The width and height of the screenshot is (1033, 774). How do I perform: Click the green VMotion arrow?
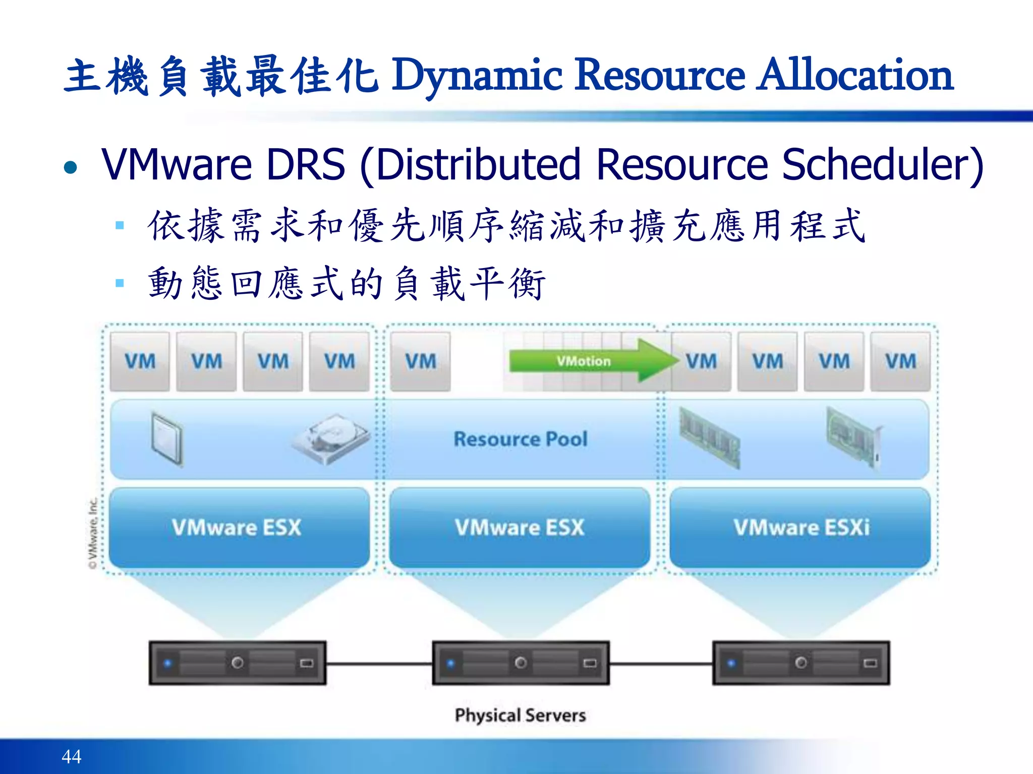[x=590, y=361]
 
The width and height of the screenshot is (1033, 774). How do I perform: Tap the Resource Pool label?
[x=521, y=439]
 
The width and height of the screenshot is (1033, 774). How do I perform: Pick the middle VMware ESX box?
[x=520, y=528]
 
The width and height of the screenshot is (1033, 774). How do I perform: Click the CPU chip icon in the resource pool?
[x=166, y=438]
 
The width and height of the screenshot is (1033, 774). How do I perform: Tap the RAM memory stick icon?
[x=709, y=436]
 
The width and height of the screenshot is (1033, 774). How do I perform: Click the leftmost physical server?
[x=237, y=663]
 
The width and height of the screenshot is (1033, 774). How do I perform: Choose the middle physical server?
[x=521, y=663]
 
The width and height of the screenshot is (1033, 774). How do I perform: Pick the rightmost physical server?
[x=801, y=663]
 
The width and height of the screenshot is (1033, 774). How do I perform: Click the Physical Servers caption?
[x=521, y=715]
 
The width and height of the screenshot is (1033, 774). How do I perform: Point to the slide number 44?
[x=71, y=756]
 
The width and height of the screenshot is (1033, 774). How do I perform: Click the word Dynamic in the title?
[x=477, y=76]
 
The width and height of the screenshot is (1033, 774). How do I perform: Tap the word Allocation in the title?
[x=855, y=76]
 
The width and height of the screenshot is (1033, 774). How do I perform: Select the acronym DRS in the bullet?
[x=306, y=164]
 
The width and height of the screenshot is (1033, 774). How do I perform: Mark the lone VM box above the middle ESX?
[x=421, y=361]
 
